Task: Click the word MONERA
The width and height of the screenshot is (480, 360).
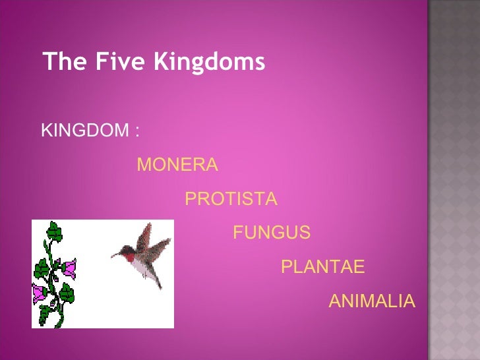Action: [x=177, y=165]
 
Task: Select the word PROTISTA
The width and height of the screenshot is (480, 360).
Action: [x=231, y=199]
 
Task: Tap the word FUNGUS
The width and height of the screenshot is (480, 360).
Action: [x=272, y=233]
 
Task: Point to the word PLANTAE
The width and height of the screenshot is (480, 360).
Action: [x=322, y=267]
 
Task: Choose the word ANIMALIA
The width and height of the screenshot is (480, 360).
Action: [x=372, y=301]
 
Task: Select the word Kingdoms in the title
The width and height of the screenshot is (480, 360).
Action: [x=209, y=63]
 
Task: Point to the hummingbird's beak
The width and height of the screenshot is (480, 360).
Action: [x=117, y=253]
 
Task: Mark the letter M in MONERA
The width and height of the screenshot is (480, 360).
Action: [x=144, y=165]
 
